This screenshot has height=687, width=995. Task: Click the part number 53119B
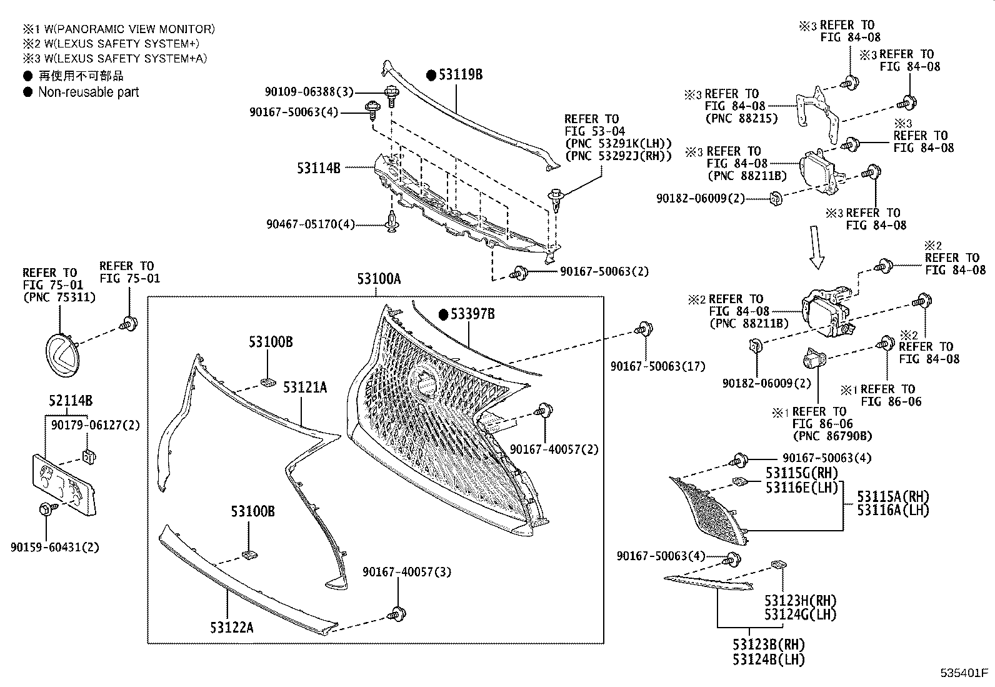[460, 74]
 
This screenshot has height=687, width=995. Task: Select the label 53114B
[319, 168]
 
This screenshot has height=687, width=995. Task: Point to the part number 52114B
[71, 401]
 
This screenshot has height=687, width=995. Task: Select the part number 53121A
[305, 388]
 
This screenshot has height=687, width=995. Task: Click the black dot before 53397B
[443, 314]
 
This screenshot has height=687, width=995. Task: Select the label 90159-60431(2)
[55, 547]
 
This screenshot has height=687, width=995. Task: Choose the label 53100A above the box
[379, 279]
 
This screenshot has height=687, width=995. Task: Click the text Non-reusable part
[88, 92]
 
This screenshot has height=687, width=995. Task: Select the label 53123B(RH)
[769, 644]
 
